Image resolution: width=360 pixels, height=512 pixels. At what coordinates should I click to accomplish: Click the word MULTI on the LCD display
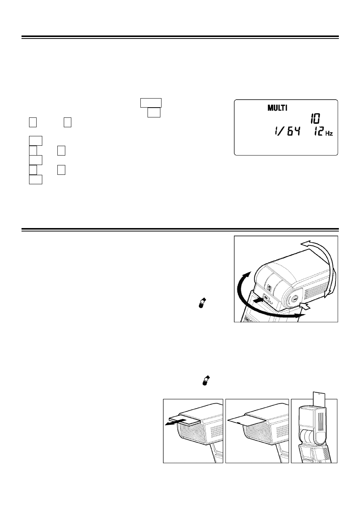click(x=277, y=108)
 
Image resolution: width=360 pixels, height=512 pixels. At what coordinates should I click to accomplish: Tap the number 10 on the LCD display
click(x=315, y=119)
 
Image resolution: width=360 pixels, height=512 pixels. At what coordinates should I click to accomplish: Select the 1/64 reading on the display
click(x=287, y=132)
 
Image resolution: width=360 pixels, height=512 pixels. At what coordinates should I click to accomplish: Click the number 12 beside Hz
click(x=318, y=132)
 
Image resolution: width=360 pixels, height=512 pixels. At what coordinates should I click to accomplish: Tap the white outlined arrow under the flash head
click(x=305, y=306)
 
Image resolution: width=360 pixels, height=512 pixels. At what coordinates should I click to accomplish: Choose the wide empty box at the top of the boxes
click(x=151, y=103)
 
